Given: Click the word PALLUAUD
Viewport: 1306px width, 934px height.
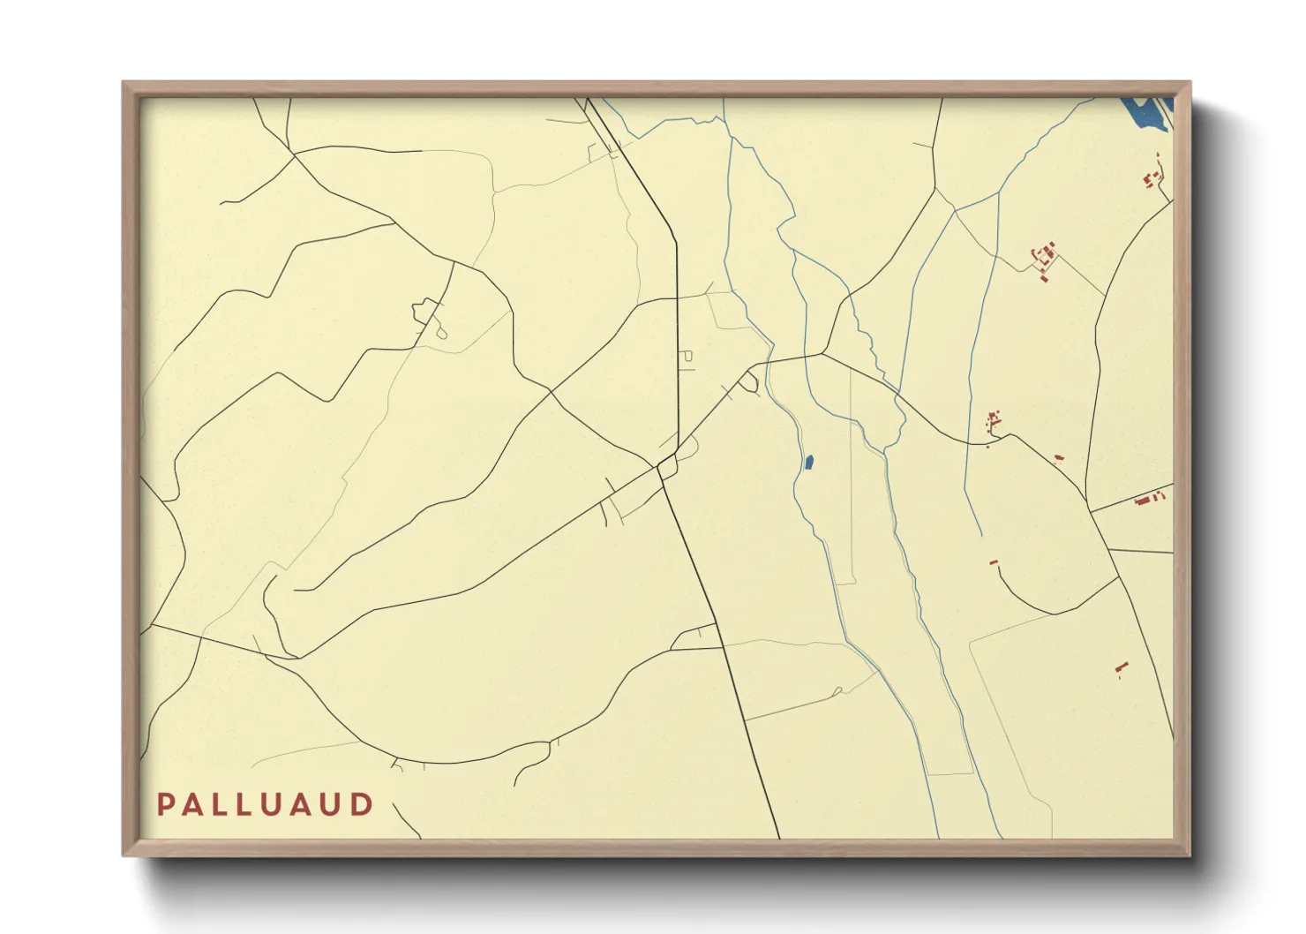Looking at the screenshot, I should pyautogui.click(x=266, y=804).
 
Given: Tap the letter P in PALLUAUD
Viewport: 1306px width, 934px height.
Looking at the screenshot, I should pyautogui.click(x=165, y=804).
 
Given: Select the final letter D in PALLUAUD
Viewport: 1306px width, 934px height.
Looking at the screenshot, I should pyautogui.click(x=363, y=804).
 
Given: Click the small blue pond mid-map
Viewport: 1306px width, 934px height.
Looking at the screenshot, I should pyautogui.click(x=808, y=462).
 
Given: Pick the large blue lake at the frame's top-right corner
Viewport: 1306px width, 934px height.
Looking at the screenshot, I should pyautogui.click(x=1146, y=115).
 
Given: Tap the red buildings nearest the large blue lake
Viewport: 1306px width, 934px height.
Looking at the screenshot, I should pyautogui.click(x=1154, y=171).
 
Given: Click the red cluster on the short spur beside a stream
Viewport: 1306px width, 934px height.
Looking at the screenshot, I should pyautogui.click(x=994, y=421).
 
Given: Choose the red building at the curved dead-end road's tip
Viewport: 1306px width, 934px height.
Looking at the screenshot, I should pyautogui.click(x=994, y=562).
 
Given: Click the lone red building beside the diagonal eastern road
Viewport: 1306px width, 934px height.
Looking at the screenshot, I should pyautogui.click(x=1059, y=457).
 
